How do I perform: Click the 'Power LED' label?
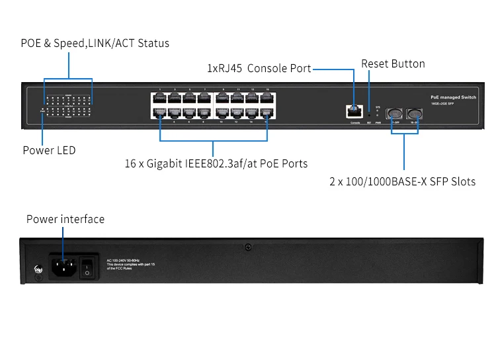[x=49, y=150]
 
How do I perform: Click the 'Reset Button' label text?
[x=393, y=64]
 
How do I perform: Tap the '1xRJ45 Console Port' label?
[x=259, y=68]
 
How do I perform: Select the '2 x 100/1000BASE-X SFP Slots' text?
[x=402, y=181]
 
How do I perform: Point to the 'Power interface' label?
[x=65, y=219]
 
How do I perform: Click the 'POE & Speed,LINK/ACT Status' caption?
[x=95, y=43]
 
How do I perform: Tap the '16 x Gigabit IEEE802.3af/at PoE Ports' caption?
[x=216, y=163]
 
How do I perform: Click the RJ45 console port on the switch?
[x=354, y=111]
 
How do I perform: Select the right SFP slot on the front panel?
[x=415, y=112]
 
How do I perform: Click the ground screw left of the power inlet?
[x=38, y=270]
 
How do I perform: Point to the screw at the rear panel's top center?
[x=248, y=247]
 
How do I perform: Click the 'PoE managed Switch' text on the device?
[x=453, y=97]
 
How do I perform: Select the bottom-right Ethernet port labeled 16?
[x=267, y=113]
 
